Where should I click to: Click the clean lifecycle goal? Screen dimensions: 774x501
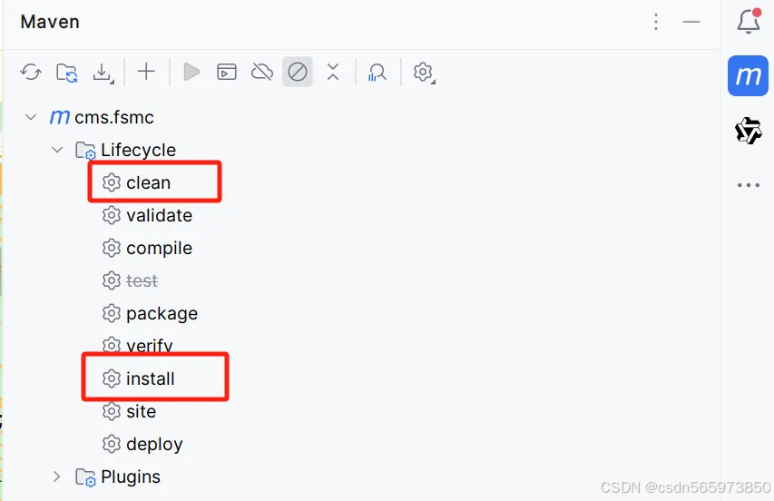[148, 182]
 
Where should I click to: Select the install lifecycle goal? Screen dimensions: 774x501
[150, 378]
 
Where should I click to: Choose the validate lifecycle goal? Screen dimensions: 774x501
[159, 215]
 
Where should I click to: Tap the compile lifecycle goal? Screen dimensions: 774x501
[159, 248]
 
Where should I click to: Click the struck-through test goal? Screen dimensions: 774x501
[142, 280]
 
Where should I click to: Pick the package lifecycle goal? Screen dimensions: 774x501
[162, 313]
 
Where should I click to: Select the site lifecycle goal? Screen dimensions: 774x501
[141, 411]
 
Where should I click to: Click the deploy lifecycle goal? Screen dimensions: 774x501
[154, 444]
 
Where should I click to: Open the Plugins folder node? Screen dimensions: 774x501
[130, 476]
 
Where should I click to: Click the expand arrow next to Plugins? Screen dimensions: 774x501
[56, 476]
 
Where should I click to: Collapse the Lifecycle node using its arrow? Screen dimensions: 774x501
[56, 150]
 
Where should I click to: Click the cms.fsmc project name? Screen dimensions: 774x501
[113, 117]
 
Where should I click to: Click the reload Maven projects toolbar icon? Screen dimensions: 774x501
[31, 72]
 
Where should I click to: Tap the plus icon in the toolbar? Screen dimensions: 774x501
[146, 72]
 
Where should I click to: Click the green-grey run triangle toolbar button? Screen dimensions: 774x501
[191, 72]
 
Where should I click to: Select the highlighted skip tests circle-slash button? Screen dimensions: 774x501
[298, 72]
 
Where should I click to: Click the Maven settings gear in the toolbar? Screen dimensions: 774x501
[423, 72]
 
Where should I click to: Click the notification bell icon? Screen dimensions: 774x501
[749, 22]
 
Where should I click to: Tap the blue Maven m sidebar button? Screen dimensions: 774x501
[749, 75]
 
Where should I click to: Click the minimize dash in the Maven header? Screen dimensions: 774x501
[691, 22]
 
